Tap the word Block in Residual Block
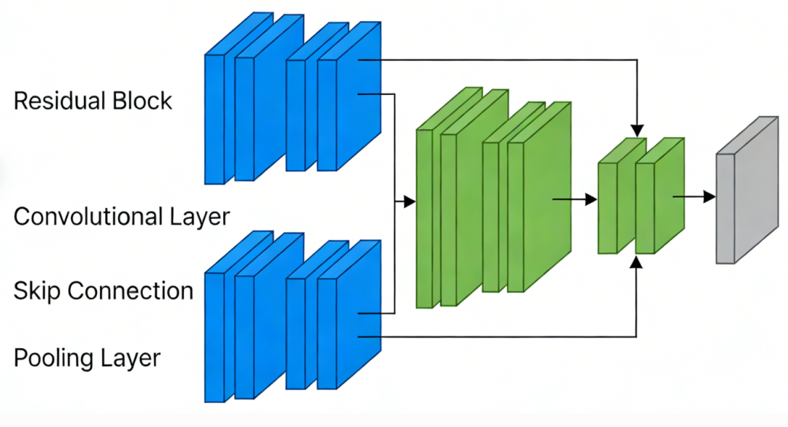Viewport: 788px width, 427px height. click(x=142, y=100)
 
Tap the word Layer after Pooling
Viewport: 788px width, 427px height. click(x=130, y=358)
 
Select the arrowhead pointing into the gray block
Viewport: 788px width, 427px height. click(x=710, y=196)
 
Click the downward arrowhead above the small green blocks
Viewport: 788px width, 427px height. click(x=638, y=131)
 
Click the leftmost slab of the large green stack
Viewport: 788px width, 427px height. click(x=424, y=219)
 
